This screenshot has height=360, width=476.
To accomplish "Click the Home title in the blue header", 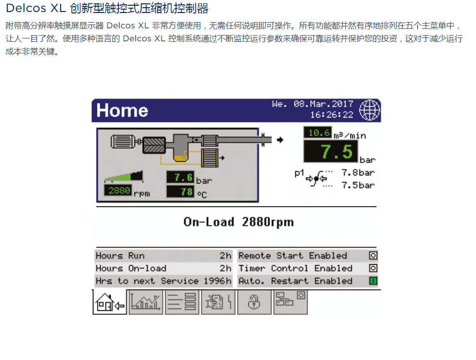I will [122, 111].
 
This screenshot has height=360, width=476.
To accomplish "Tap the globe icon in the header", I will [369, 110].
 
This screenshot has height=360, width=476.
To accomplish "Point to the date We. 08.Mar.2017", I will [312, 104].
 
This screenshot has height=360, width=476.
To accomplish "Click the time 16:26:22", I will [331, 115].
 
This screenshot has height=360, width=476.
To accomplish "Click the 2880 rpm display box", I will [118, 191].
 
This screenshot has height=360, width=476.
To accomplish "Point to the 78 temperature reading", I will [180, 191].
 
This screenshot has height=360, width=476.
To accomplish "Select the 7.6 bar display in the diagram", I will [180, 177].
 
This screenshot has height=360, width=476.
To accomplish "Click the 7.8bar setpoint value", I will [358, 173].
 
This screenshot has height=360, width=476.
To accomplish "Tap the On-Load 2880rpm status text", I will [238, 222].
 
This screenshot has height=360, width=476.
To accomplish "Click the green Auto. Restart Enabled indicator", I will [373, 281].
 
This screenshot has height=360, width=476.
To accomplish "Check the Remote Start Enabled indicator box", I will [373, 256].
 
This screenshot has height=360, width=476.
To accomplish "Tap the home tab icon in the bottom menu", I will [110, 302].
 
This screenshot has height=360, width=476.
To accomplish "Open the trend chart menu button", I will [146, 302].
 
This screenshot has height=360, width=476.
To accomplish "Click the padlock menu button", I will [254, 302].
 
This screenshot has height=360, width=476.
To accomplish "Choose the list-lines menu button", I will [182, 302].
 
